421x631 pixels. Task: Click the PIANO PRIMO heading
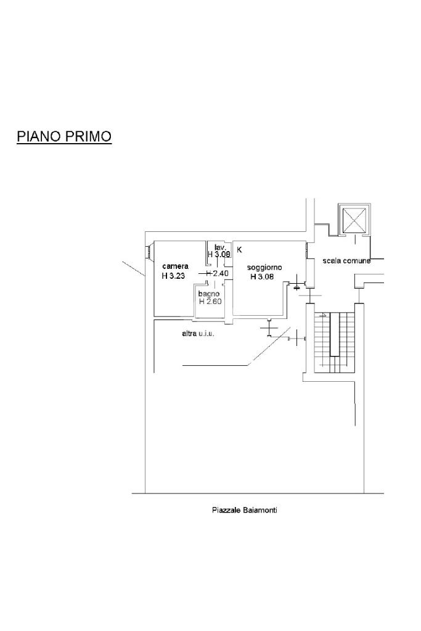click(64, 136)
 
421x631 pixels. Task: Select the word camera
click(175, 266)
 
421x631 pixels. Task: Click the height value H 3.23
click(173, 276)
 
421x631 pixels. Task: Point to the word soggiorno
click(264, 267)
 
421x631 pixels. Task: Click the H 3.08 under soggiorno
click(261, 277)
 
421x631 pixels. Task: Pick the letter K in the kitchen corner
click(239, 250)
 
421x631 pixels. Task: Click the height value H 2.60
click(210, 301)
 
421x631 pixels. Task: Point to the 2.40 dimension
click(221, 273)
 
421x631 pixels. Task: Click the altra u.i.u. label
click(197, 334)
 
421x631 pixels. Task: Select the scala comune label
click(346, 261)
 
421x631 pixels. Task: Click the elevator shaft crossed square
click(354, 220)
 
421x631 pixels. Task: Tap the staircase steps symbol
click(333, 342)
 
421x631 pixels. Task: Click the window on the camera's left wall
click(148, 251)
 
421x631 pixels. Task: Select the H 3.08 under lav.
click(219, 254)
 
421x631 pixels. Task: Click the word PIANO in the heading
click(35, 136)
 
